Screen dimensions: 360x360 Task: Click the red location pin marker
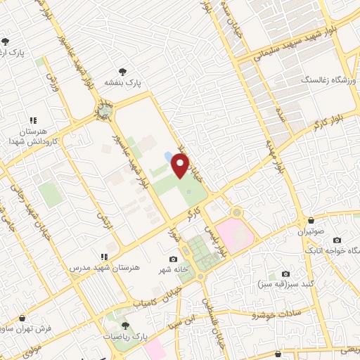click(181, 165)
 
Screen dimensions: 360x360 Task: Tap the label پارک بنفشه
click(124, 83)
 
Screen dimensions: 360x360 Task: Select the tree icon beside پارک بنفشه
click(124, 71)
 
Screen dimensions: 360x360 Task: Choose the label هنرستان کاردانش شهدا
click(28, 136)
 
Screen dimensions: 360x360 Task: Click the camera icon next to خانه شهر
click(173, 259)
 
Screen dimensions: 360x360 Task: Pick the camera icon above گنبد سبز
click(285, 274)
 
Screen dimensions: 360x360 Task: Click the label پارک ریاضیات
click(125, 337)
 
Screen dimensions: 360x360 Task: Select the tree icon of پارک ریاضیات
click(125, 325)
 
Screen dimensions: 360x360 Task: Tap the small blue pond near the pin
click(168, 157)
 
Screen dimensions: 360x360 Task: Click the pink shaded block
click(234, 234)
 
